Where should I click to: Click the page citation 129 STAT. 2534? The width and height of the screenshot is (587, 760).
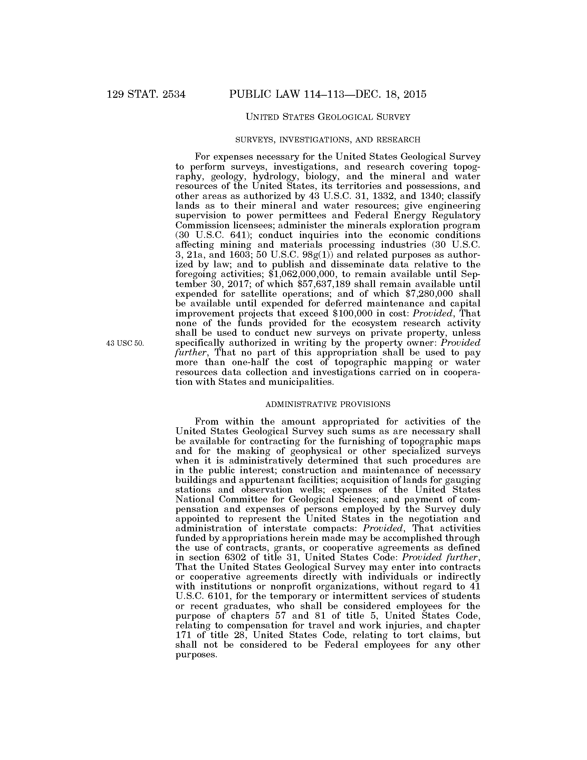click(146, 95)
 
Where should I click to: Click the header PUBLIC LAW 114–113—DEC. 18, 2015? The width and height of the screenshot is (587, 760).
click(328, 95)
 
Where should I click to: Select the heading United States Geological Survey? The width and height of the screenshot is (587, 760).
click(328, 117)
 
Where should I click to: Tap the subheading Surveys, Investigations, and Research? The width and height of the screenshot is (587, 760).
click(328, 140)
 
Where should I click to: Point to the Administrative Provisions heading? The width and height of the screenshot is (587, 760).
click(328, 405)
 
